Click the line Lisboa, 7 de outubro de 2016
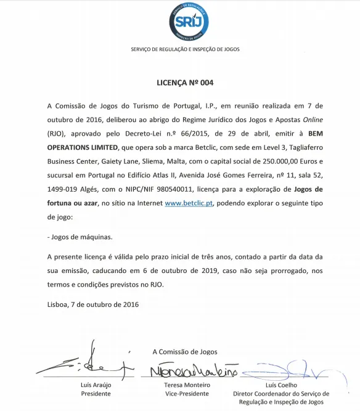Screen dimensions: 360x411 [x=93, y=304]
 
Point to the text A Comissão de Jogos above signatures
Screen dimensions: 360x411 [x=184, y=352]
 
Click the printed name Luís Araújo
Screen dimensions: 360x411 [x=88, y=385]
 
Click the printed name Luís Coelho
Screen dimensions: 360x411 [x=281, y=385]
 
